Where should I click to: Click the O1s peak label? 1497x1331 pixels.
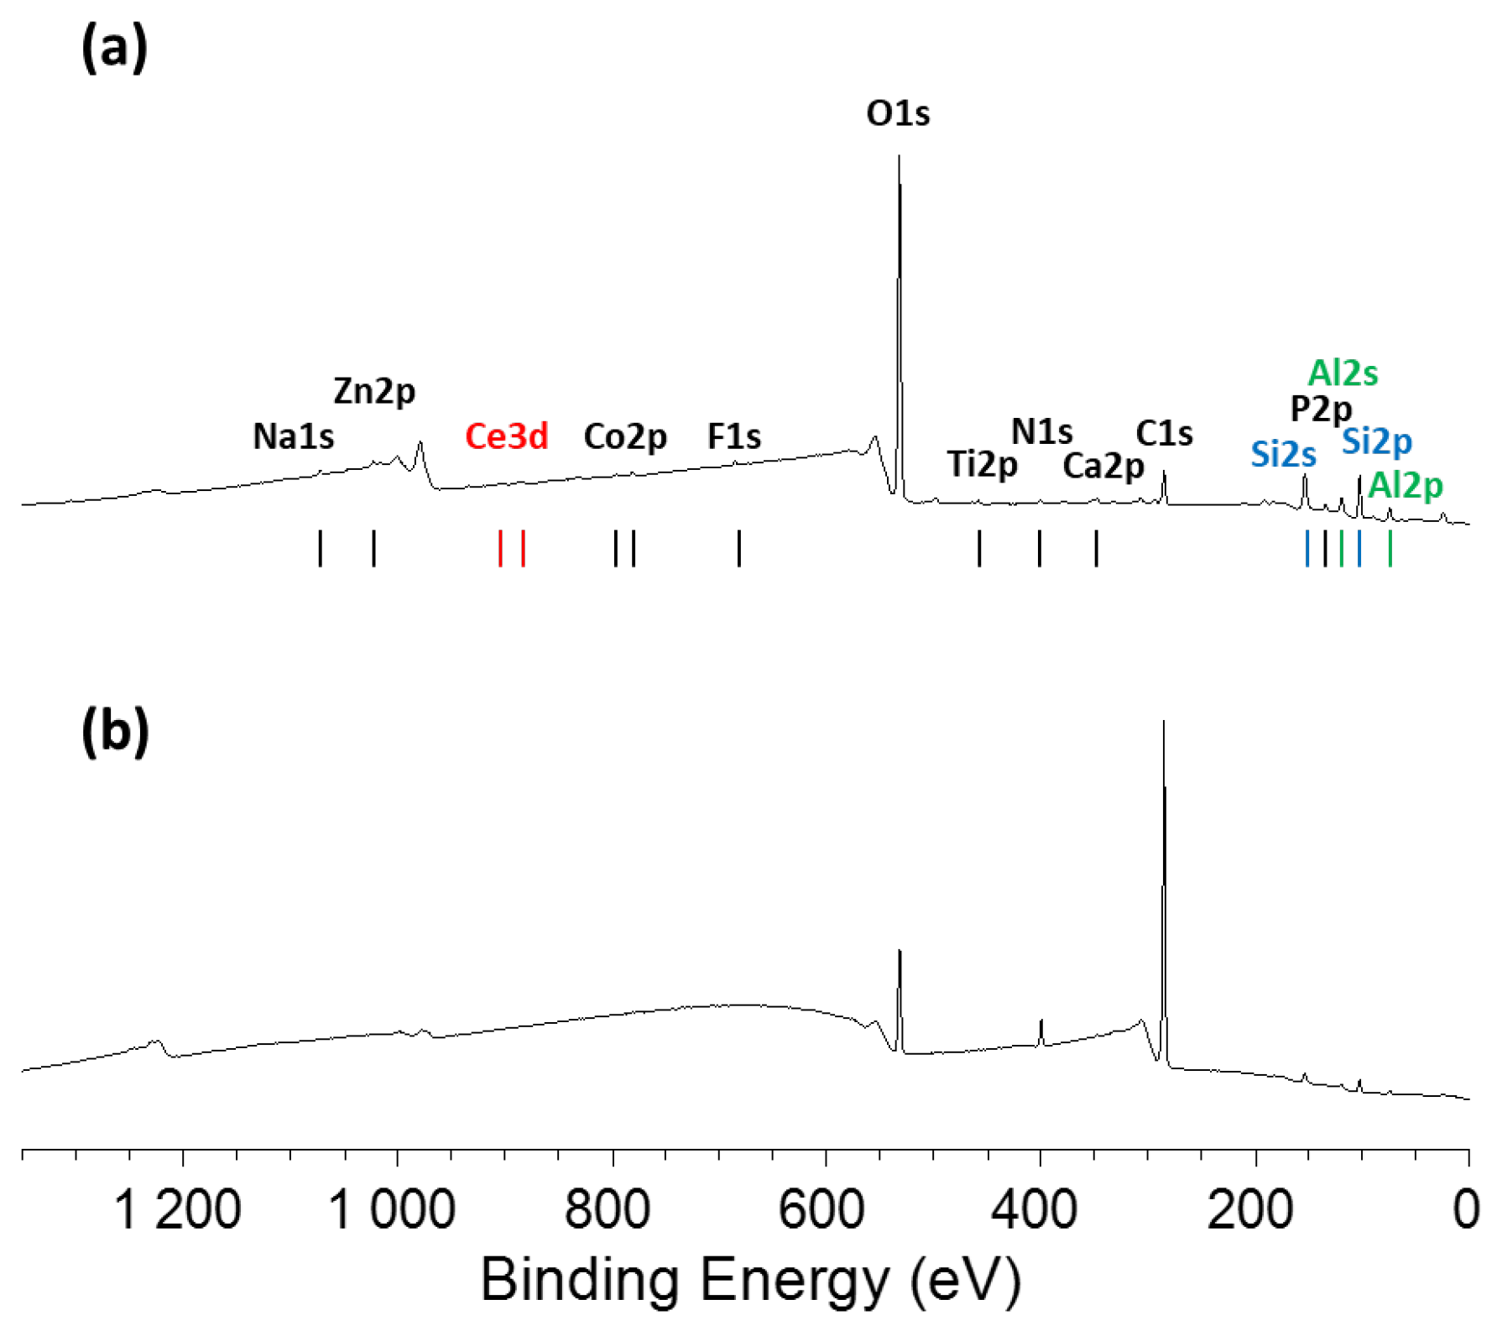pos(898,113)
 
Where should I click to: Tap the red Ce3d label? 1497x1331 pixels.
pos(507,436)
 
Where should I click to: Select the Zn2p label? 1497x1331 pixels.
pos(374,391)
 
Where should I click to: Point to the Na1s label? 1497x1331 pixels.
pos(294,436)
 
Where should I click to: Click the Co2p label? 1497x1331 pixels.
pos(625,436)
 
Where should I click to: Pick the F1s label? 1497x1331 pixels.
pos(734,436)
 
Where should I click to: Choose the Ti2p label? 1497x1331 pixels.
pos(983,464)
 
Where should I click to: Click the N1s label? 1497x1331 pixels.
pos(1041,431)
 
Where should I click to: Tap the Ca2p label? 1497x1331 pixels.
pos(1103,466)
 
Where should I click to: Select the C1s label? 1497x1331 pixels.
pos(1164,433)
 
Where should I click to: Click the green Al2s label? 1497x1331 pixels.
pos(1343,373)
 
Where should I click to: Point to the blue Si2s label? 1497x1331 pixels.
pos(1283,454)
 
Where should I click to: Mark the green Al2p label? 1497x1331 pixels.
pos(1405,485)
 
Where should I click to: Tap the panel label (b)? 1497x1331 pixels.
pos(115,730)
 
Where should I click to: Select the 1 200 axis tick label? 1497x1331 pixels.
pos(177,1210)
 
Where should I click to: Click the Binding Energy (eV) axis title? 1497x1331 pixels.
pos(750,1281)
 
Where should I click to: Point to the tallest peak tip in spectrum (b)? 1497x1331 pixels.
pos(1163,722)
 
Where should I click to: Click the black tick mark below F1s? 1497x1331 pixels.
pos(739,548)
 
